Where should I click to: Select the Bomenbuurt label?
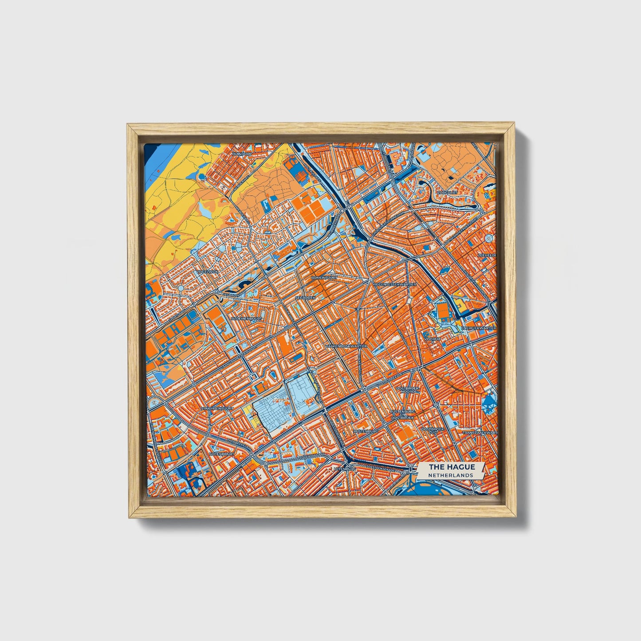click(324, 277)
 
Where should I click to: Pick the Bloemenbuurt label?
click(248, 319)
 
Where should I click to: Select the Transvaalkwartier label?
click(480, 432)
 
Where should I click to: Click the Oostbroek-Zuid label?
click(433, 431)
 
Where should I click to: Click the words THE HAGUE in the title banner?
click(452, 467)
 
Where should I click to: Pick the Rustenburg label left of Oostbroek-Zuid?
click(366, 431)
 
